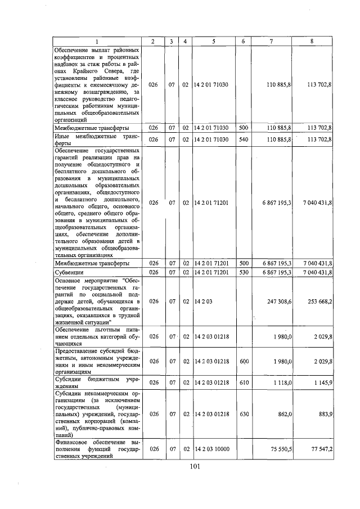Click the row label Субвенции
69,272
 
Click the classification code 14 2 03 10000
214,450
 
